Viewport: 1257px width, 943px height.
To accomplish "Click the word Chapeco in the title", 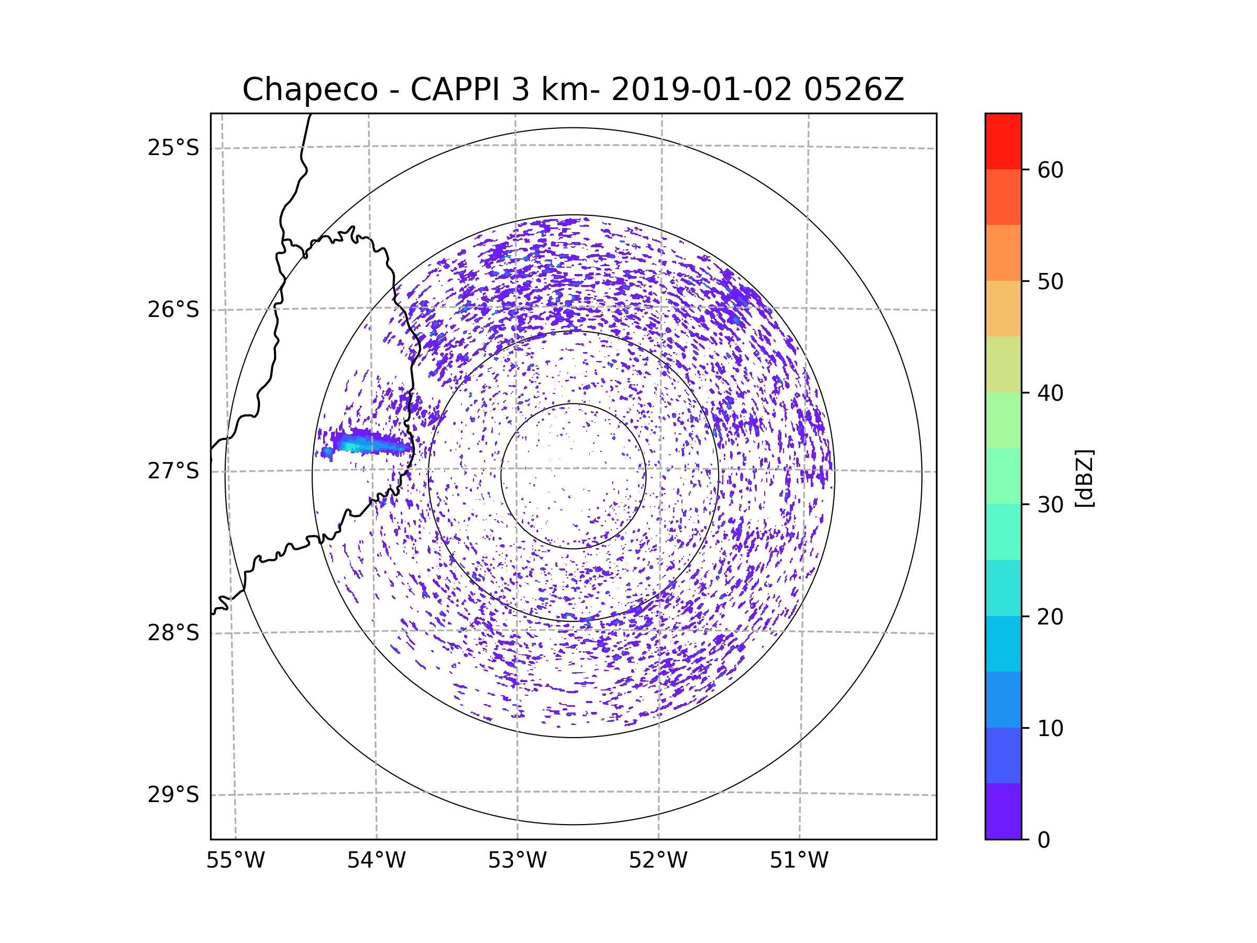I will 310,90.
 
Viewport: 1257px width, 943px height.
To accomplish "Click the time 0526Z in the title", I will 854,90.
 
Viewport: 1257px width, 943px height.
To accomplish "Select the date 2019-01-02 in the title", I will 701,90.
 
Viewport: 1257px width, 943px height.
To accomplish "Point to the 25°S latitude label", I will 173,148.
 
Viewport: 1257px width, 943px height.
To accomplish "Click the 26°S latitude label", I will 173,310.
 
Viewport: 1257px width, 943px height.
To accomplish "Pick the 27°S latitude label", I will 173,471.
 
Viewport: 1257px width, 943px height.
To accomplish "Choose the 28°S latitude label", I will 173,633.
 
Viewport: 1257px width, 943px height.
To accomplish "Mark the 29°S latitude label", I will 173,795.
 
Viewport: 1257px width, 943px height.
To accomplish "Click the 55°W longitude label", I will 235,861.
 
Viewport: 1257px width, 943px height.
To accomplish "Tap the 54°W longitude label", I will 376,861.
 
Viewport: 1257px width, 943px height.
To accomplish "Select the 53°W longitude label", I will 517,861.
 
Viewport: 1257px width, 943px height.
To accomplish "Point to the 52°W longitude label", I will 658,861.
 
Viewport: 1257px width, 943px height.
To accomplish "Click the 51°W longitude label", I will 799,861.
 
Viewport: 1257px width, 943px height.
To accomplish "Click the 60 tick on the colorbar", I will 1050,170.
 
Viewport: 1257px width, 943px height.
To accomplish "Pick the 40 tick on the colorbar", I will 1050,393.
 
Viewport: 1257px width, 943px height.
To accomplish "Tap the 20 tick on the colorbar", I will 1050,617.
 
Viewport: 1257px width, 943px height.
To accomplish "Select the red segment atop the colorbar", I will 1003,141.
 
